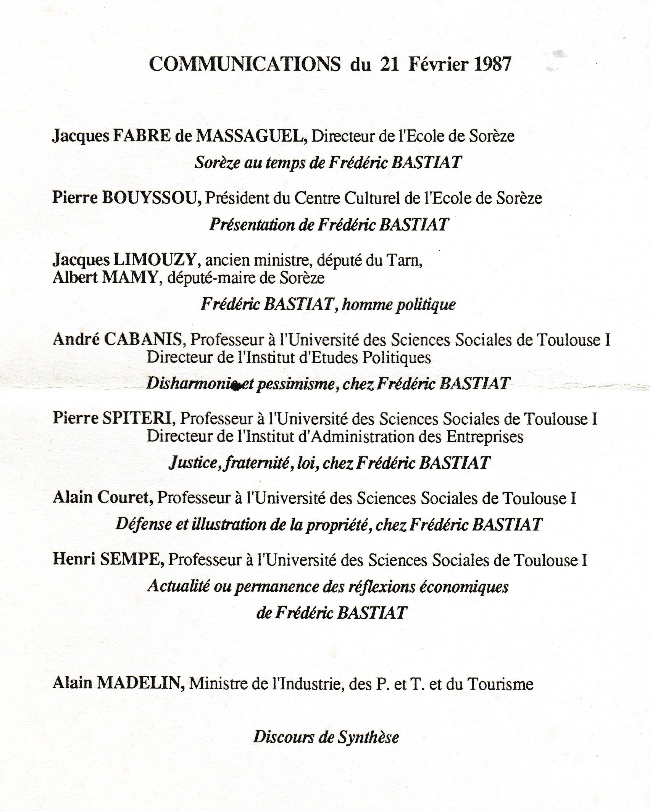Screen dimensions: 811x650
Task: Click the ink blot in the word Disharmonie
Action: point(236,387)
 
